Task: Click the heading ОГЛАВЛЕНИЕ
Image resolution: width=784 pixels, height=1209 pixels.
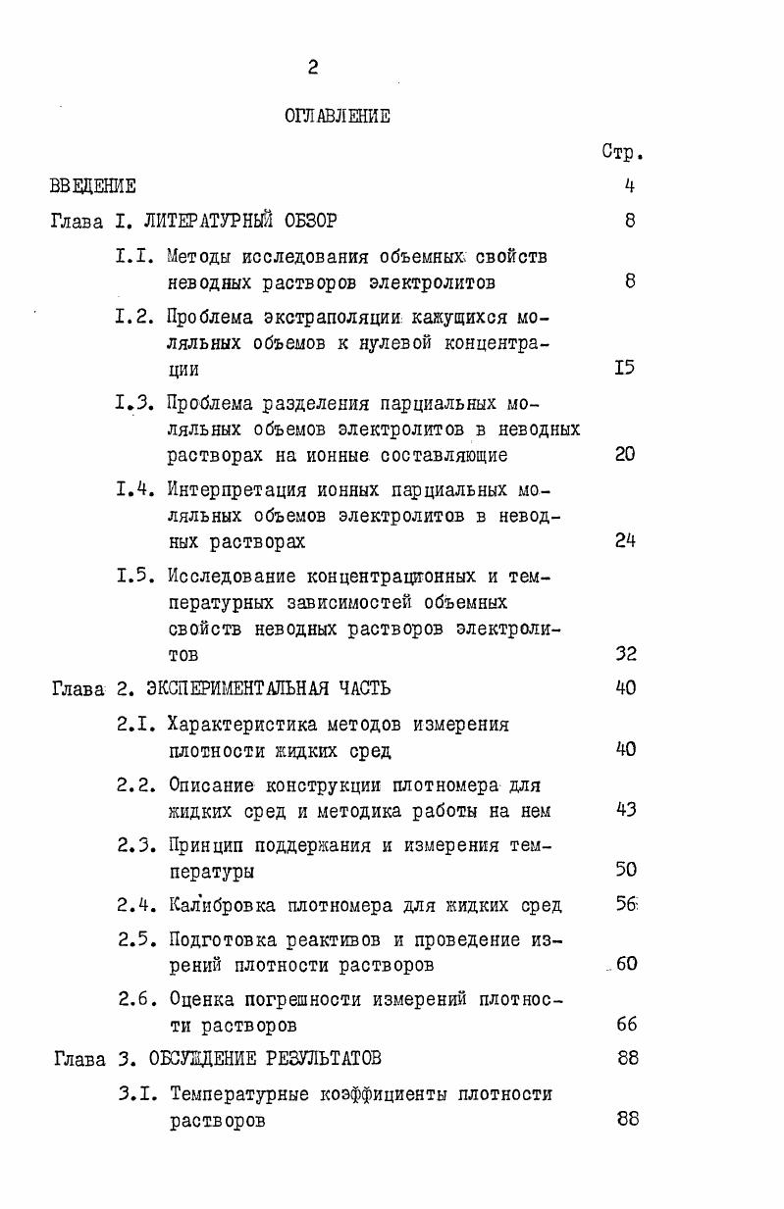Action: [x=337, y=117]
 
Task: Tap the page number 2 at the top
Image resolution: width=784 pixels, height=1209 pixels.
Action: [x=312, y=67]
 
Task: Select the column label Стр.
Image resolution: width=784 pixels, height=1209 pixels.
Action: [x=622, y=153]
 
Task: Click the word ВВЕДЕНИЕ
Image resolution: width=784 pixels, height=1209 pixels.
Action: [x=93, y=185]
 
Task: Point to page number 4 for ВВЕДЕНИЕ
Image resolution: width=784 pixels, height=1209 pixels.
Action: [x=629, y=185]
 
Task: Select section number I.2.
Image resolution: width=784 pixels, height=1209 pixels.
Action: [x=136, y=318]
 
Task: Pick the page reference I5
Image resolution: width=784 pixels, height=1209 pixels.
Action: [x=625, y=369]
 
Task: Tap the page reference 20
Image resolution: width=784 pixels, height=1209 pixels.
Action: [x=625, y=454]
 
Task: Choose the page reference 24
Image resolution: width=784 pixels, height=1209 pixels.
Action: [x=625, y=540]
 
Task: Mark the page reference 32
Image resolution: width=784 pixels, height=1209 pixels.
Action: [x=626, y=654]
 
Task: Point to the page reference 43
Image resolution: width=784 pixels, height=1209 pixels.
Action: [x=626, y=810]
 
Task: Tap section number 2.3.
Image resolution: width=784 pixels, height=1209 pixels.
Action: [x=138, y=845]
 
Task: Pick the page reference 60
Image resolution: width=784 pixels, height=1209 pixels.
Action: [x=627, y=963]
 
